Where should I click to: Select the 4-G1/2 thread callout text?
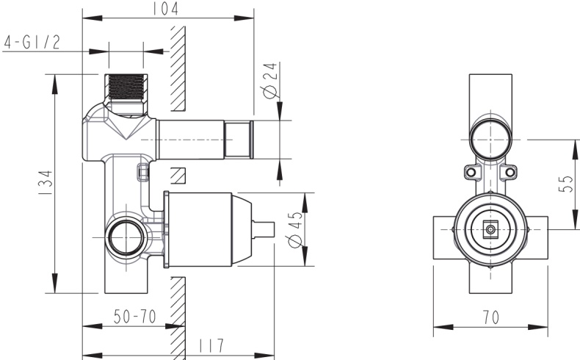point(32,42)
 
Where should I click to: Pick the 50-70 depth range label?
point(134,317)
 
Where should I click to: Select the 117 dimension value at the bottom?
point(211,345)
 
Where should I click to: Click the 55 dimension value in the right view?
point(566,184)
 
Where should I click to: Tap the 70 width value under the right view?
point(491,317)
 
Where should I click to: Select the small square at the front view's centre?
point(490,229)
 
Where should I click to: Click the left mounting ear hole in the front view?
point(471,173)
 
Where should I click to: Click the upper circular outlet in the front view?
point(490,138)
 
